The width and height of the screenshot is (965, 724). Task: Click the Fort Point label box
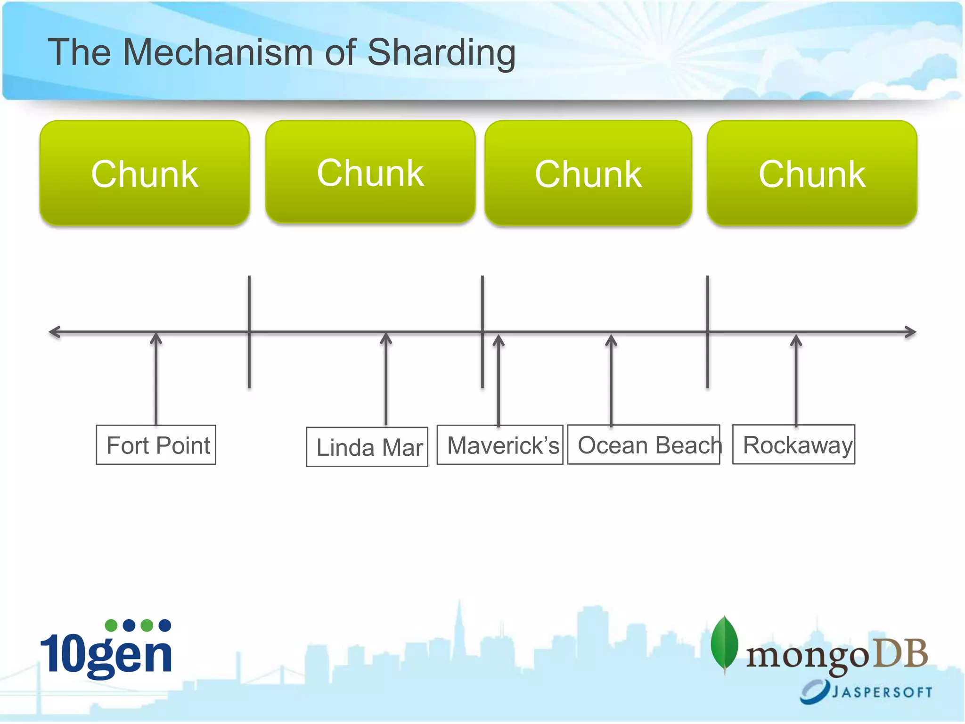156,445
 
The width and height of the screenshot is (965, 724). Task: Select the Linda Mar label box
367,447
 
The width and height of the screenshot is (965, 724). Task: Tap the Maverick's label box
500,445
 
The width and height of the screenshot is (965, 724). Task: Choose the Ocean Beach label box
644,445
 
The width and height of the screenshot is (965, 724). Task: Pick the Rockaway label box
793,444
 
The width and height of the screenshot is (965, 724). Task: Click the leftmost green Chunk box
145,173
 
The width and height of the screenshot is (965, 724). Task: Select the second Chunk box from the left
370,172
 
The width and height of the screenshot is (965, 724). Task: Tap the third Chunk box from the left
588,173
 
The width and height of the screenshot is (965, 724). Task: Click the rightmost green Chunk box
812,173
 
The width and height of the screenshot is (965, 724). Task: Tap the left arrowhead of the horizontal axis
55,332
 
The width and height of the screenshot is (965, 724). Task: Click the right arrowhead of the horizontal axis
910,332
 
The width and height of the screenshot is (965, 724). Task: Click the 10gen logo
106,650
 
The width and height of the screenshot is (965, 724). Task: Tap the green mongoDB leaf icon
724,643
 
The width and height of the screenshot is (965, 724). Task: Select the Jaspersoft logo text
881,692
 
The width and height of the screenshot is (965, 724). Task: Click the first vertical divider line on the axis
249,332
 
